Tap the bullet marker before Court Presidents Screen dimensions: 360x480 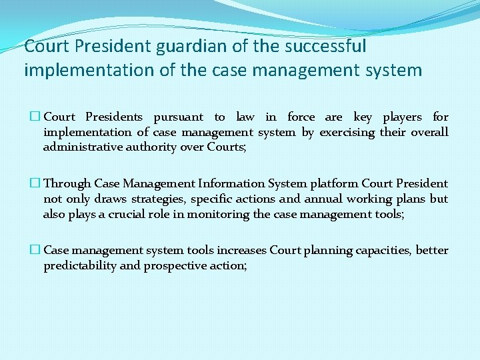click(37, 117)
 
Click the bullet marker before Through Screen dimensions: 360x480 click(37, 183)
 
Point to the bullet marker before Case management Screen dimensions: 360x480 click(37, 250)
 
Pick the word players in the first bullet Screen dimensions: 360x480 click(402, 117)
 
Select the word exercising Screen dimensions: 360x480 click(347, 132)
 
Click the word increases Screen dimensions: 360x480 click(240, 250)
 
